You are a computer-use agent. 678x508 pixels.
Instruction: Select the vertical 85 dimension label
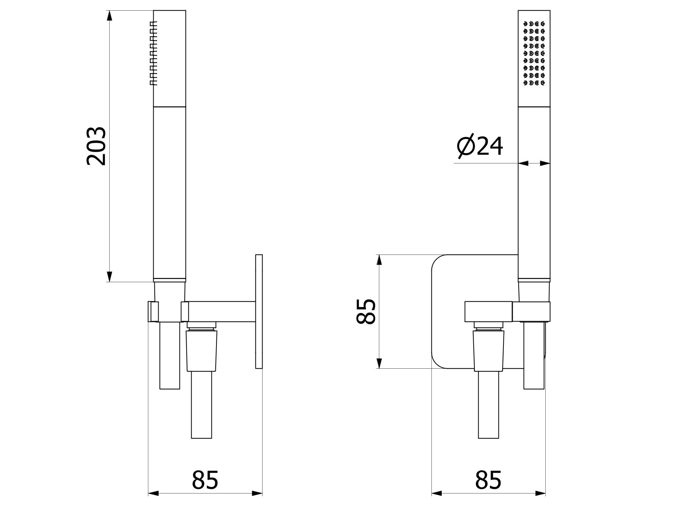(x=365, y=311)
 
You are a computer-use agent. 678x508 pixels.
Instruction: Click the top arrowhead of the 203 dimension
(x=110, y=16)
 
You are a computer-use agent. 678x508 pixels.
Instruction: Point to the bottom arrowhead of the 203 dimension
(x=110, y=276)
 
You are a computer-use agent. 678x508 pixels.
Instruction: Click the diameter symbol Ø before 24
(x=465, y=146)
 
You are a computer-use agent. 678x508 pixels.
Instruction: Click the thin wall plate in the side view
(x=259, y=311)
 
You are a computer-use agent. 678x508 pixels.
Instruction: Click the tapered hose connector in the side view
(x=202, y=349)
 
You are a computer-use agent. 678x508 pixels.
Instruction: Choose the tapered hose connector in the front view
(x=489, y=349)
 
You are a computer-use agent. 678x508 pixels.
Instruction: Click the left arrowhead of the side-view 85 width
(x=153, y=493)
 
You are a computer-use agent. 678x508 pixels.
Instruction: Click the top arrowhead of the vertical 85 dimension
(x=379, y=260)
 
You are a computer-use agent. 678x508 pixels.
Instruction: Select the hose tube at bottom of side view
(x=202, y=404)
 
